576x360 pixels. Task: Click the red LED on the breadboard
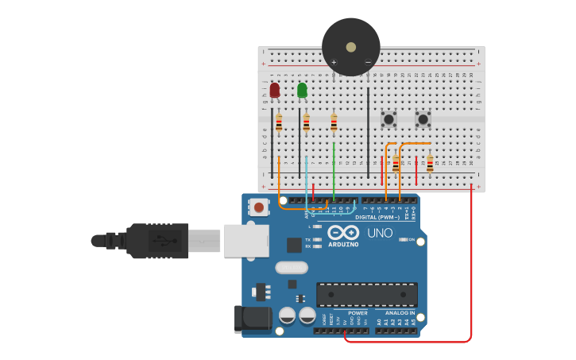pyautogui.click(x=275, y=91)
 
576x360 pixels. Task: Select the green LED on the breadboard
pyautogui.click(x=302, y=91)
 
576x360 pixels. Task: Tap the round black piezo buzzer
pyautogui.click(x=350, y=47)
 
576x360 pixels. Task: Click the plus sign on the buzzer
pyautogui.click(x=334, y=62)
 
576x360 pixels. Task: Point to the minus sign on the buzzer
pyautogui.click(x=367, y=62)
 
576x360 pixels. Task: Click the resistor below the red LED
pyautogui.click(x=279, y=123)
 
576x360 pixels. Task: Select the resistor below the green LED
pyautogui.click(x=306, y=123)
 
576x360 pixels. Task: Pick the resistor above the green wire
pyautogui.click(x=334, y=123)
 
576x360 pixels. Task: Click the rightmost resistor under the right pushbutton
pyautogui.click(x=430, y=164)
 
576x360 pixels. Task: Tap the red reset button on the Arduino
pyautogui.click(x=258, y=208)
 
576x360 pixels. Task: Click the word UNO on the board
pyautogui.click(x=380, y=234)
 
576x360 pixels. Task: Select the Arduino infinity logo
pyautogui.click(x=343, y=233)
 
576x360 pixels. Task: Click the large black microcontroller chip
pyautogui.click(x=366, y=294)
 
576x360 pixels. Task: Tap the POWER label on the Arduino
pyautogui.click(x=358, y=312)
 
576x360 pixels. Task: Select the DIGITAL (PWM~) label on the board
pyautogui.click(x=377, y=217)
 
